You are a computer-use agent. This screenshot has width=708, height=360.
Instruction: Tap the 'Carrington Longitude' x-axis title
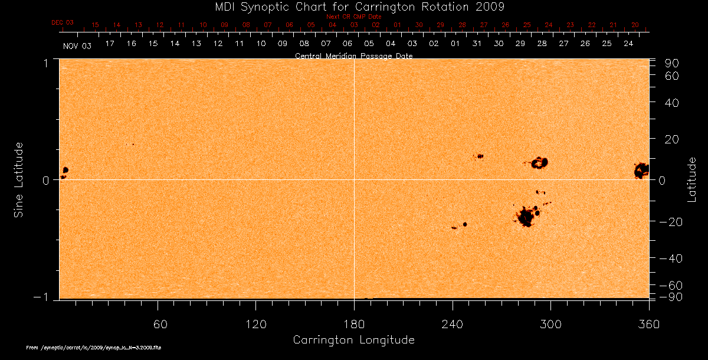click(353, 340)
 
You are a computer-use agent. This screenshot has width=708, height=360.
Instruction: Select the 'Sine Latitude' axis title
click(19, 179)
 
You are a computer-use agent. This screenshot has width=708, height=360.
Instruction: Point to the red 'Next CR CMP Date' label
click(353, 17)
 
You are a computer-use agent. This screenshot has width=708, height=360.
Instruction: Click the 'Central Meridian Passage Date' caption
click(353, 56)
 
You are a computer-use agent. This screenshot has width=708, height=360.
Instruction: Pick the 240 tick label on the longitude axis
click(453, 324)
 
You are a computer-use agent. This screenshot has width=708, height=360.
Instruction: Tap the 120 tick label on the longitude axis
click(255, 324)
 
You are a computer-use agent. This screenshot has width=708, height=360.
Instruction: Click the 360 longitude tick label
click(648, 324)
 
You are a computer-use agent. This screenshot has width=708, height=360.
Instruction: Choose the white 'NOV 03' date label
click(77, 45)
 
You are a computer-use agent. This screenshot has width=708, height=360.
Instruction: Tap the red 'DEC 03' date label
click(63, 22)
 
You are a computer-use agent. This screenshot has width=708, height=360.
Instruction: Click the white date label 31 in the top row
click(477, 44)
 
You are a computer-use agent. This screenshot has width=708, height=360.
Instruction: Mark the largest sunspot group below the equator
click(525, 217)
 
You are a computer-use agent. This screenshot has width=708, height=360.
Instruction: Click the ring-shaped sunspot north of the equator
click(539, 162)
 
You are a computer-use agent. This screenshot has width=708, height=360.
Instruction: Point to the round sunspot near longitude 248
click(465, 224)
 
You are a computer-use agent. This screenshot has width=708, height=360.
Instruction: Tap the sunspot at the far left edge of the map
click(65, 170)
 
